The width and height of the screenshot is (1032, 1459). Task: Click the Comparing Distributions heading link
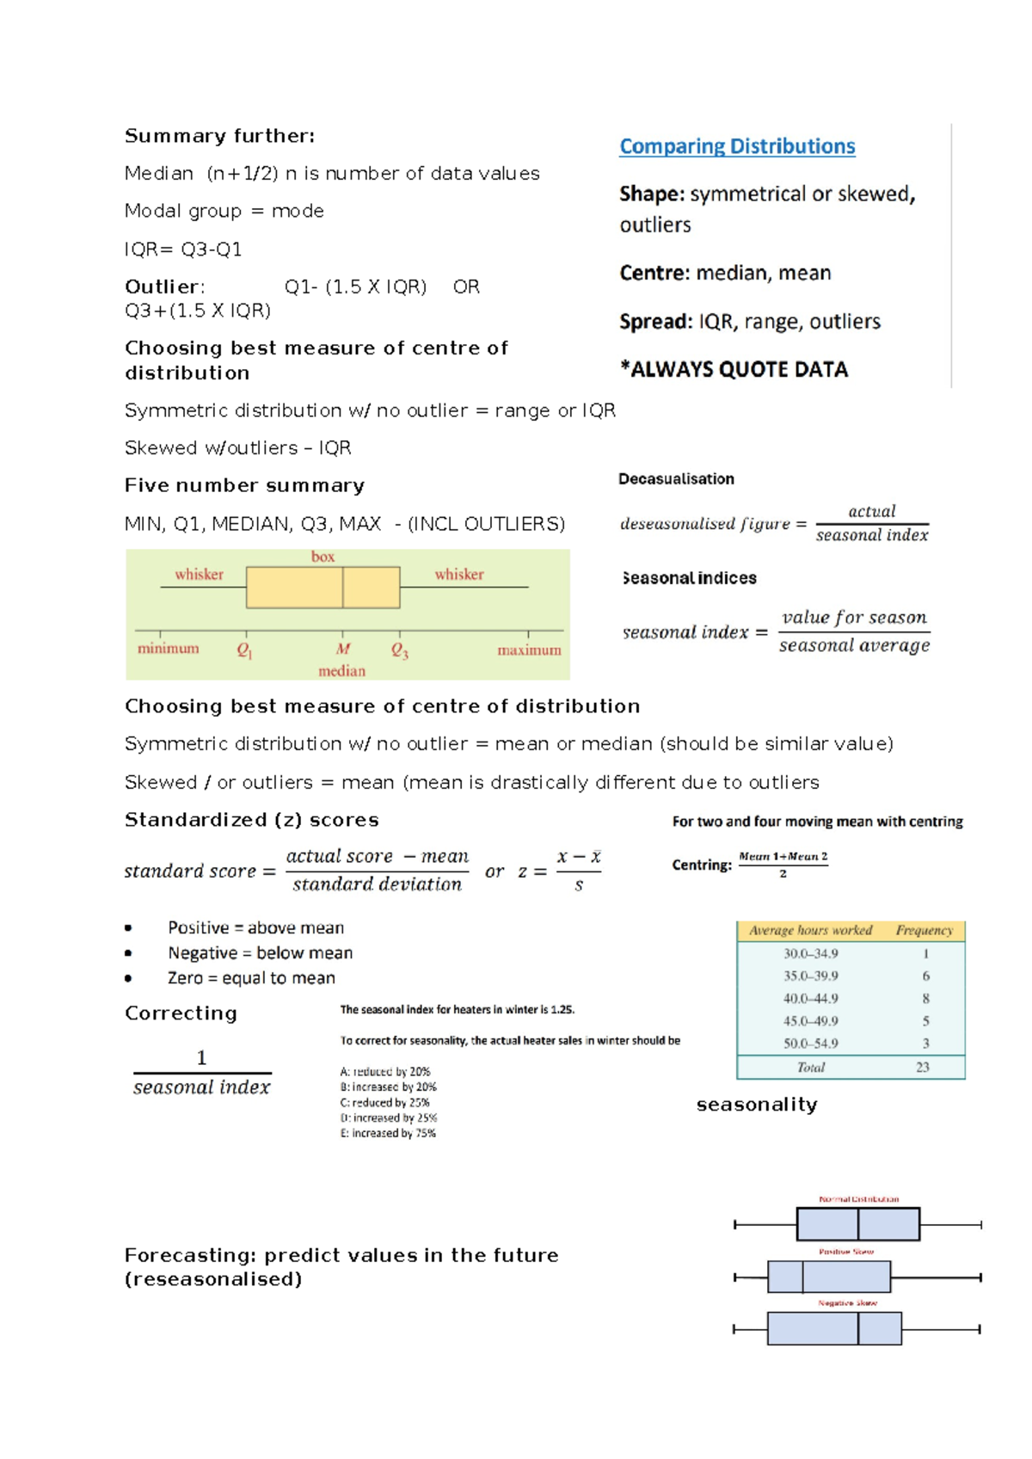point(737,146)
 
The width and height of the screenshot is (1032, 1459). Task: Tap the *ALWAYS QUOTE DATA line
point(734,370)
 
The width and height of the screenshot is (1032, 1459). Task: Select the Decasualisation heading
point(676,479)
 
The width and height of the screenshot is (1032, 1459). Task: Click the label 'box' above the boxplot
point(322,557)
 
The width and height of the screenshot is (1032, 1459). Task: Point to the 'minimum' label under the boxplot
point(168,649)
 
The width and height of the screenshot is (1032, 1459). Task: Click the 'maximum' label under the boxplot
point(529,650)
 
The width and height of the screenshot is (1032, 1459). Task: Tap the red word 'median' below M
point(341,671)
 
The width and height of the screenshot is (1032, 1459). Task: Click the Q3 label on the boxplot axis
point(400,650)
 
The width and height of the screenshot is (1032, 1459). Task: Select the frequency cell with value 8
point(925,999)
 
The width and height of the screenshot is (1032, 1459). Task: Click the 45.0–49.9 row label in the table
point(810,1021)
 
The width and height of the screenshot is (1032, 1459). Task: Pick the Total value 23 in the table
point(922,1068)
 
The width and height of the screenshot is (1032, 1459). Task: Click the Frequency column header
point(924,931)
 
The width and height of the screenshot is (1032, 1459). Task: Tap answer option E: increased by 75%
point(388,1134)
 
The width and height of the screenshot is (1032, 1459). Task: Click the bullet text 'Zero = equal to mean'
point(251,978)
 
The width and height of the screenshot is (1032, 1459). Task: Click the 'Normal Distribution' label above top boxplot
point(858,1199)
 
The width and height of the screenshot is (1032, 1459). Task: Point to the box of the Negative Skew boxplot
point(833,1329)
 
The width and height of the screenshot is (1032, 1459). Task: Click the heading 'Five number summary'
point(244,486)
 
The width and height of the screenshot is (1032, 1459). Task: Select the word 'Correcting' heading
point(181,1013)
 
